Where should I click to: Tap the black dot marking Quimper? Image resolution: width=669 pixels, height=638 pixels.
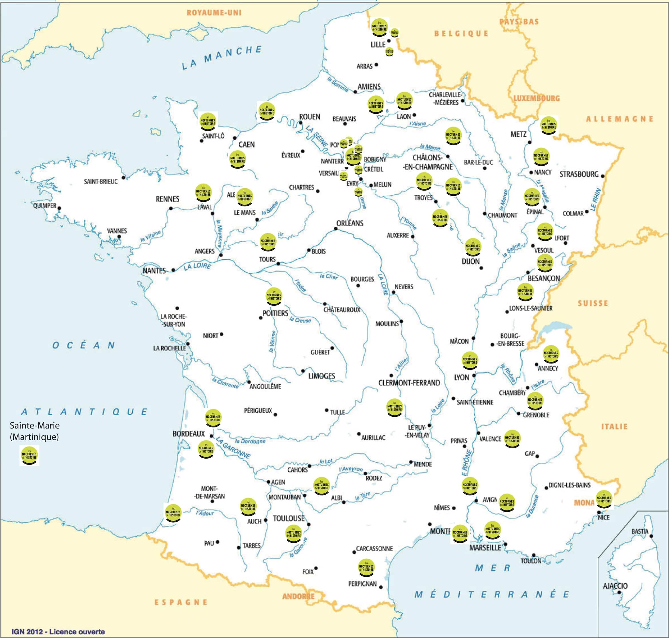tap(59, 208)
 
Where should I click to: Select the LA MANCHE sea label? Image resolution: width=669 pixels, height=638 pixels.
tap(222, 58)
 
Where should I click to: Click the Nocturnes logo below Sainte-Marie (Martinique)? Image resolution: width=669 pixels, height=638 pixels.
tap(29, 455)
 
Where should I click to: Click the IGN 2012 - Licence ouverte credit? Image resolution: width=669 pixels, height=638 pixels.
tap(58, 631)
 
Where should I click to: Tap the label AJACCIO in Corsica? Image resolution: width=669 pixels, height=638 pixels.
tap(615, 586)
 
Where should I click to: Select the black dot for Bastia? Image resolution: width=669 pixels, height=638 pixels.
tap(651, 536)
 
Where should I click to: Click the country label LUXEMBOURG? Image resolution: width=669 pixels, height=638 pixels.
tap(537, 98)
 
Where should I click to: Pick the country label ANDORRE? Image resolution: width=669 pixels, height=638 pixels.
tap(298, 596)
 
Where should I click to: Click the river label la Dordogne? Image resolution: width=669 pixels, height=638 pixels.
tap(250, 441)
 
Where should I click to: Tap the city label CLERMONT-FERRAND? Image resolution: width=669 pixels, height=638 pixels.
tap(409, 383)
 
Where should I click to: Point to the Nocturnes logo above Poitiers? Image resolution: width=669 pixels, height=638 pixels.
tap(274, 297)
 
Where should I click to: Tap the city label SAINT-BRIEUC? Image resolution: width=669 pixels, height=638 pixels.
tap(101, 181)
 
